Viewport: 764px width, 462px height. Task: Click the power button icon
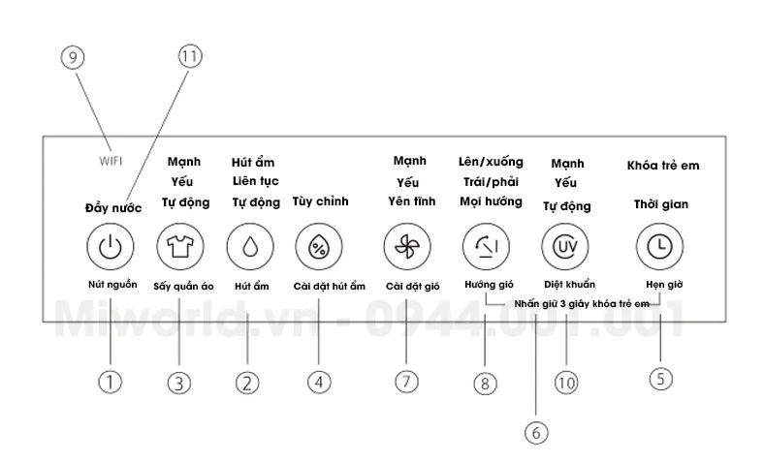[111, 247]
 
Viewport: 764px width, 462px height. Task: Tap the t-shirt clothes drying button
[180, 247]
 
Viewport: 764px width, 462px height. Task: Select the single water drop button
[250, 247]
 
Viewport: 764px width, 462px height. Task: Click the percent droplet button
[319, 247]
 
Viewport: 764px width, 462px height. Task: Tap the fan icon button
[407, 247]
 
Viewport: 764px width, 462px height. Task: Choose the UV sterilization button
[565, 247]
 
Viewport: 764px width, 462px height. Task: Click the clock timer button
[659, 247]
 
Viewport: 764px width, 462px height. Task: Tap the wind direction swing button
[487, 247]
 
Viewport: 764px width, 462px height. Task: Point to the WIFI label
[111, 161]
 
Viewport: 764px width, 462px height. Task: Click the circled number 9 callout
[73, 57]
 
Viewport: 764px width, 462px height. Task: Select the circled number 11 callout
[190, 56]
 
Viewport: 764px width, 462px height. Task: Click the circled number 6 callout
[536, 433]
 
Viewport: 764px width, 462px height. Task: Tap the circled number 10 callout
[566, 384]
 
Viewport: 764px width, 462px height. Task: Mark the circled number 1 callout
[111, 383]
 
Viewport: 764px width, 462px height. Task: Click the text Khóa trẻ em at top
[663, 166]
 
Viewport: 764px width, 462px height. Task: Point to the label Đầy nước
[113, 208]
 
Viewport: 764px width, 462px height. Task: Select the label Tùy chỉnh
[321, 201]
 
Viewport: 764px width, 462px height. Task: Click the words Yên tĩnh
[412, 201]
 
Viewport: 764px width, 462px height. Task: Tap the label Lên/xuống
[491, 162]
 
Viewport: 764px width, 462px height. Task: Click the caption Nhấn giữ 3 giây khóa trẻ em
[582, 304]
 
